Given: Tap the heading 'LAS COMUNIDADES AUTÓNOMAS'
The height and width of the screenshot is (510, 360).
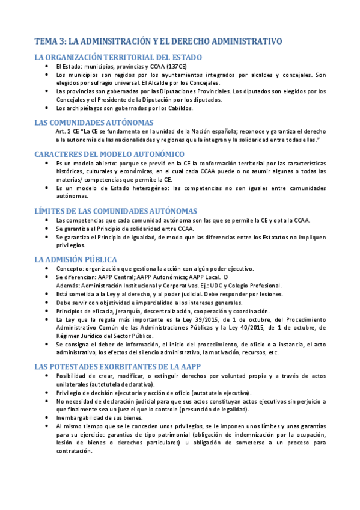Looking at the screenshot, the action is [94, 122].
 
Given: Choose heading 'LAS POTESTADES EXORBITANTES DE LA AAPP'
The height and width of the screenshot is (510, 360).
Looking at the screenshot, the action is [118, 366].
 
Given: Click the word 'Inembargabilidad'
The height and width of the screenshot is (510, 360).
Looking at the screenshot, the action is [79, 416].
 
